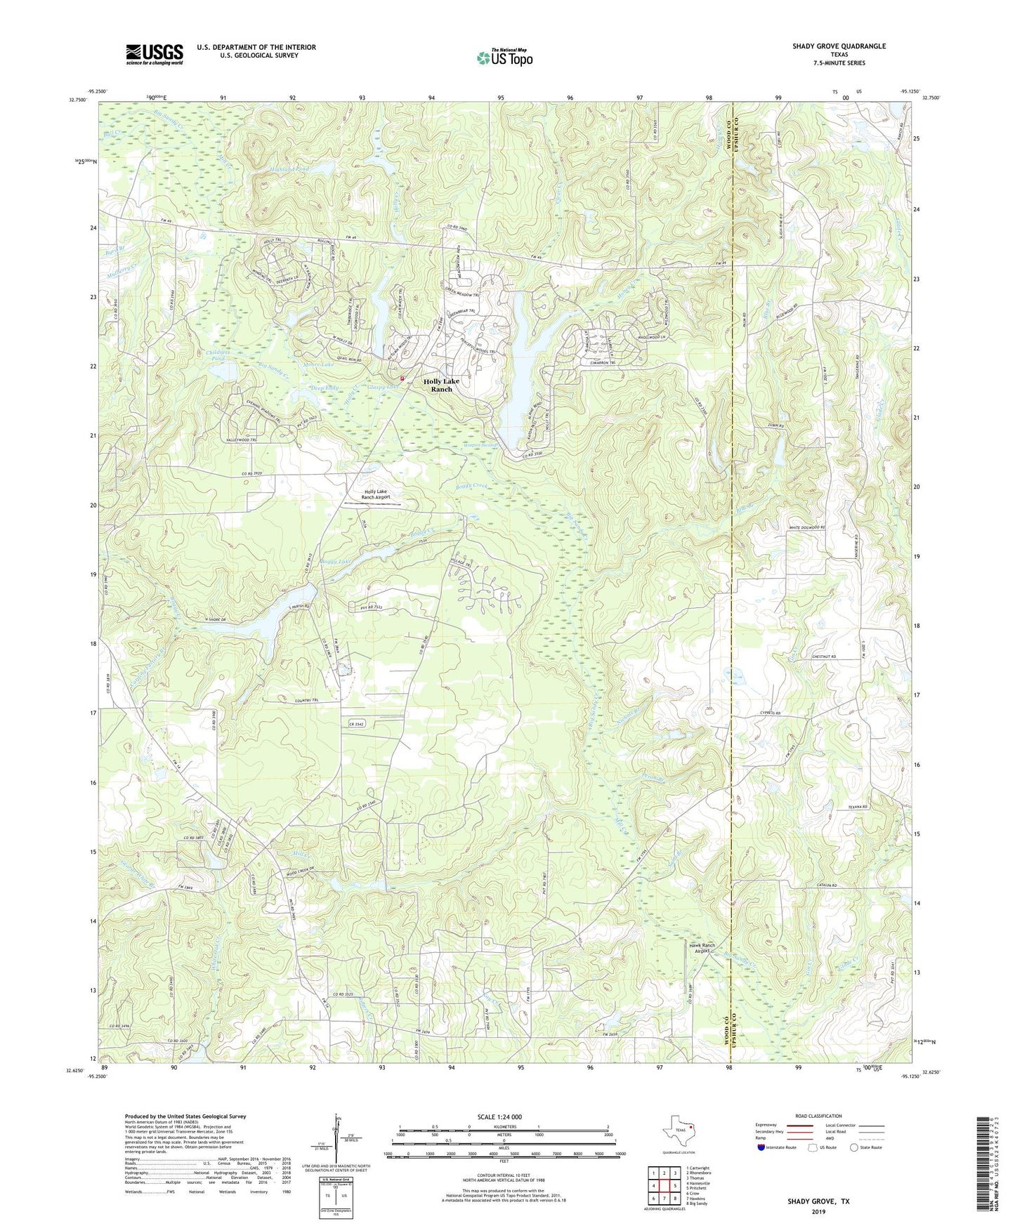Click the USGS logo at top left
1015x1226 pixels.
155,54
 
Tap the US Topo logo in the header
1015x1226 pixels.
504,58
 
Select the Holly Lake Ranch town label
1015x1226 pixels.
441,385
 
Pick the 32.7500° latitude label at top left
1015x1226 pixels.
78,100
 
